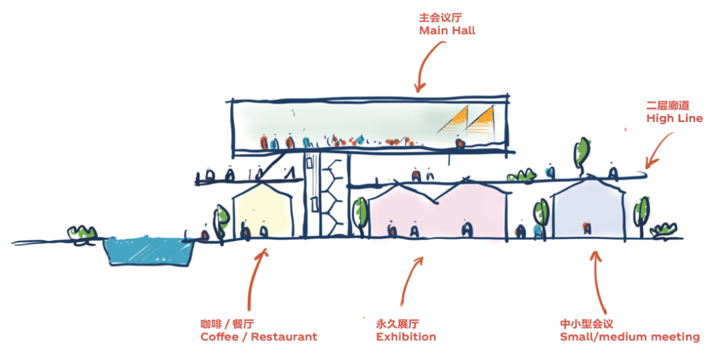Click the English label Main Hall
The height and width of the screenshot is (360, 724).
pos(447,30)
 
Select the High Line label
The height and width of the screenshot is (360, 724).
pos(674,118)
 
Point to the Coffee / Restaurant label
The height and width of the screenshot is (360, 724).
pos(259,337)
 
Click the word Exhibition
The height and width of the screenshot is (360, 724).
pos(406,337)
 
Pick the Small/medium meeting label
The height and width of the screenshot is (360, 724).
pos(629,337)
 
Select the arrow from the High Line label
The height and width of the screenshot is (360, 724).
pos(660,149)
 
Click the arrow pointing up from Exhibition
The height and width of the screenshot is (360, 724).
pos(411,282)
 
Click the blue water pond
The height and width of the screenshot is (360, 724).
pos(149,251)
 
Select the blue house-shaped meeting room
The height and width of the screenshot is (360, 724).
pos(589,208)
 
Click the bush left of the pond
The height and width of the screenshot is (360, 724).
pos(81,234)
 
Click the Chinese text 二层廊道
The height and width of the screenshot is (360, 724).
pos(668,106)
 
